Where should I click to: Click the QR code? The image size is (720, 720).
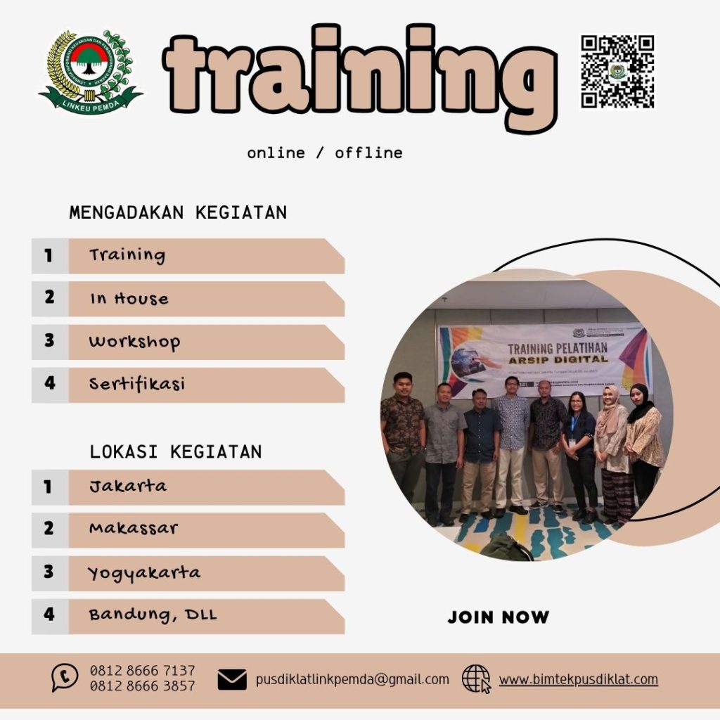(x=617, y=72)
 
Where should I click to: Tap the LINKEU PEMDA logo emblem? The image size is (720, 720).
(x=90, y=72)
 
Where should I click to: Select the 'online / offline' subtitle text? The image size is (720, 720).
(x=325, y=153)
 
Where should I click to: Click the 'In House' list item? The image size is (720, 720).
(x=129, y=299)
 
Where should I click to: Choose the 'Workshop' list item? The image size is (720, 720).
(x=134, y=342)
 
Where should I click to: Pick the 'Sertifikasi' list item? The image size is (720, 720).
(x=136, y=385)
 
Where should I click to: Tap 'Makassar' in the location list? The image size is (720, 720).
(x=134, y=529)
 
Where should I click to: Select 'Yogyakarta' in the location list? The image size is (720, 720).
(x=144, y=573)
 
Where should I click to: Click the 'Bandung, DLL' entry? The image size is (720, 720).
(x=153, y=615)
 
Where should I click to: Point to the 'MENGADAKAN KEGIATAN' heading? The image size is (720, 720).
(x=178, y=212)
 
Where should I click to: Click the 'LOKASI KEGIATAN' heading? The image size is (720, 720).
(x=176, y=451)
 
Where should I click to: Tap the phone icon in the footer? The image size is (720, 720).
(x=65, y=678)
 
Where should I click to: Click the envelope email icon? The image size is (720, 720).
(x=232, y=680)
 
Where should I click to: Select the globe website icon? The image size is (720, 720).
(x=476, y=679)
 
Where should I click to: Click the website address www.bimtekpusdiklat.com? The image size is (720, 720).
(x=579, y=679)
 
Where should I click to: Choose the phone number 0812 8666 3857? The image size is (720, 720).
(x=142, y=686)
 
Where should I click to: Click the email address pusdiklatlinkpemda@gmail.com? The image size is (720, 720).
(x=352, y=679)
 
